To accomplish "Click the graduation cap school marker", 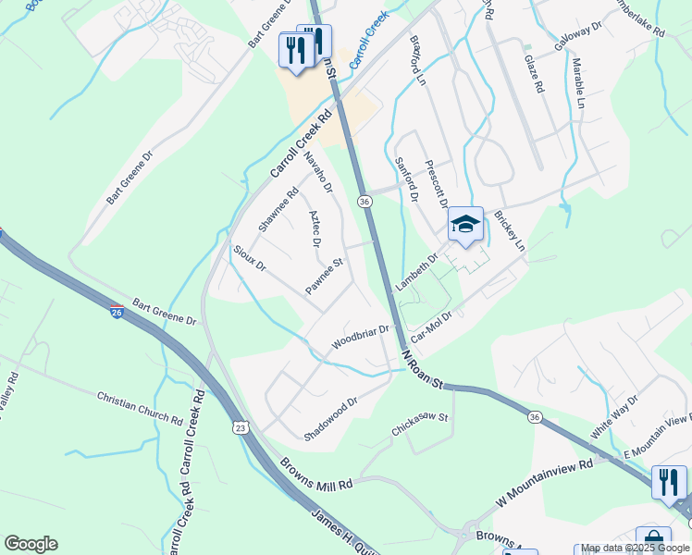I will (x=465, y=225).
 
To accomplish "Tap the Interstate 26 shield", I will (x=117, y=313).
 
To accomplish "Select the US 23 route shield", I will (x=241, y=427).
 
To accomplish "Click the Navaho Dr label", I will (x=320, y=174).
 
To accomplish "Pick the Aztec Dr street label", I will (x=315, y=228).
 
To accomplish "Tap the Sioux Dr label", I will (x=250, y=258).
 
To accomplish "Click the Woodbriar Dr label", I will (x=364, y=337).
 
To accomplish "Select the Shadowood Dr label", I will (x=330, y=419).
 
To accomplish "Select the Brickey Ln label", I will (x=509, y=231).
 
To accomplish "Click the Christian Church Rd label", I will (x=140, y=407).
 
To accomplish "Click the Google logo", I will (x=31, y=544).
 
